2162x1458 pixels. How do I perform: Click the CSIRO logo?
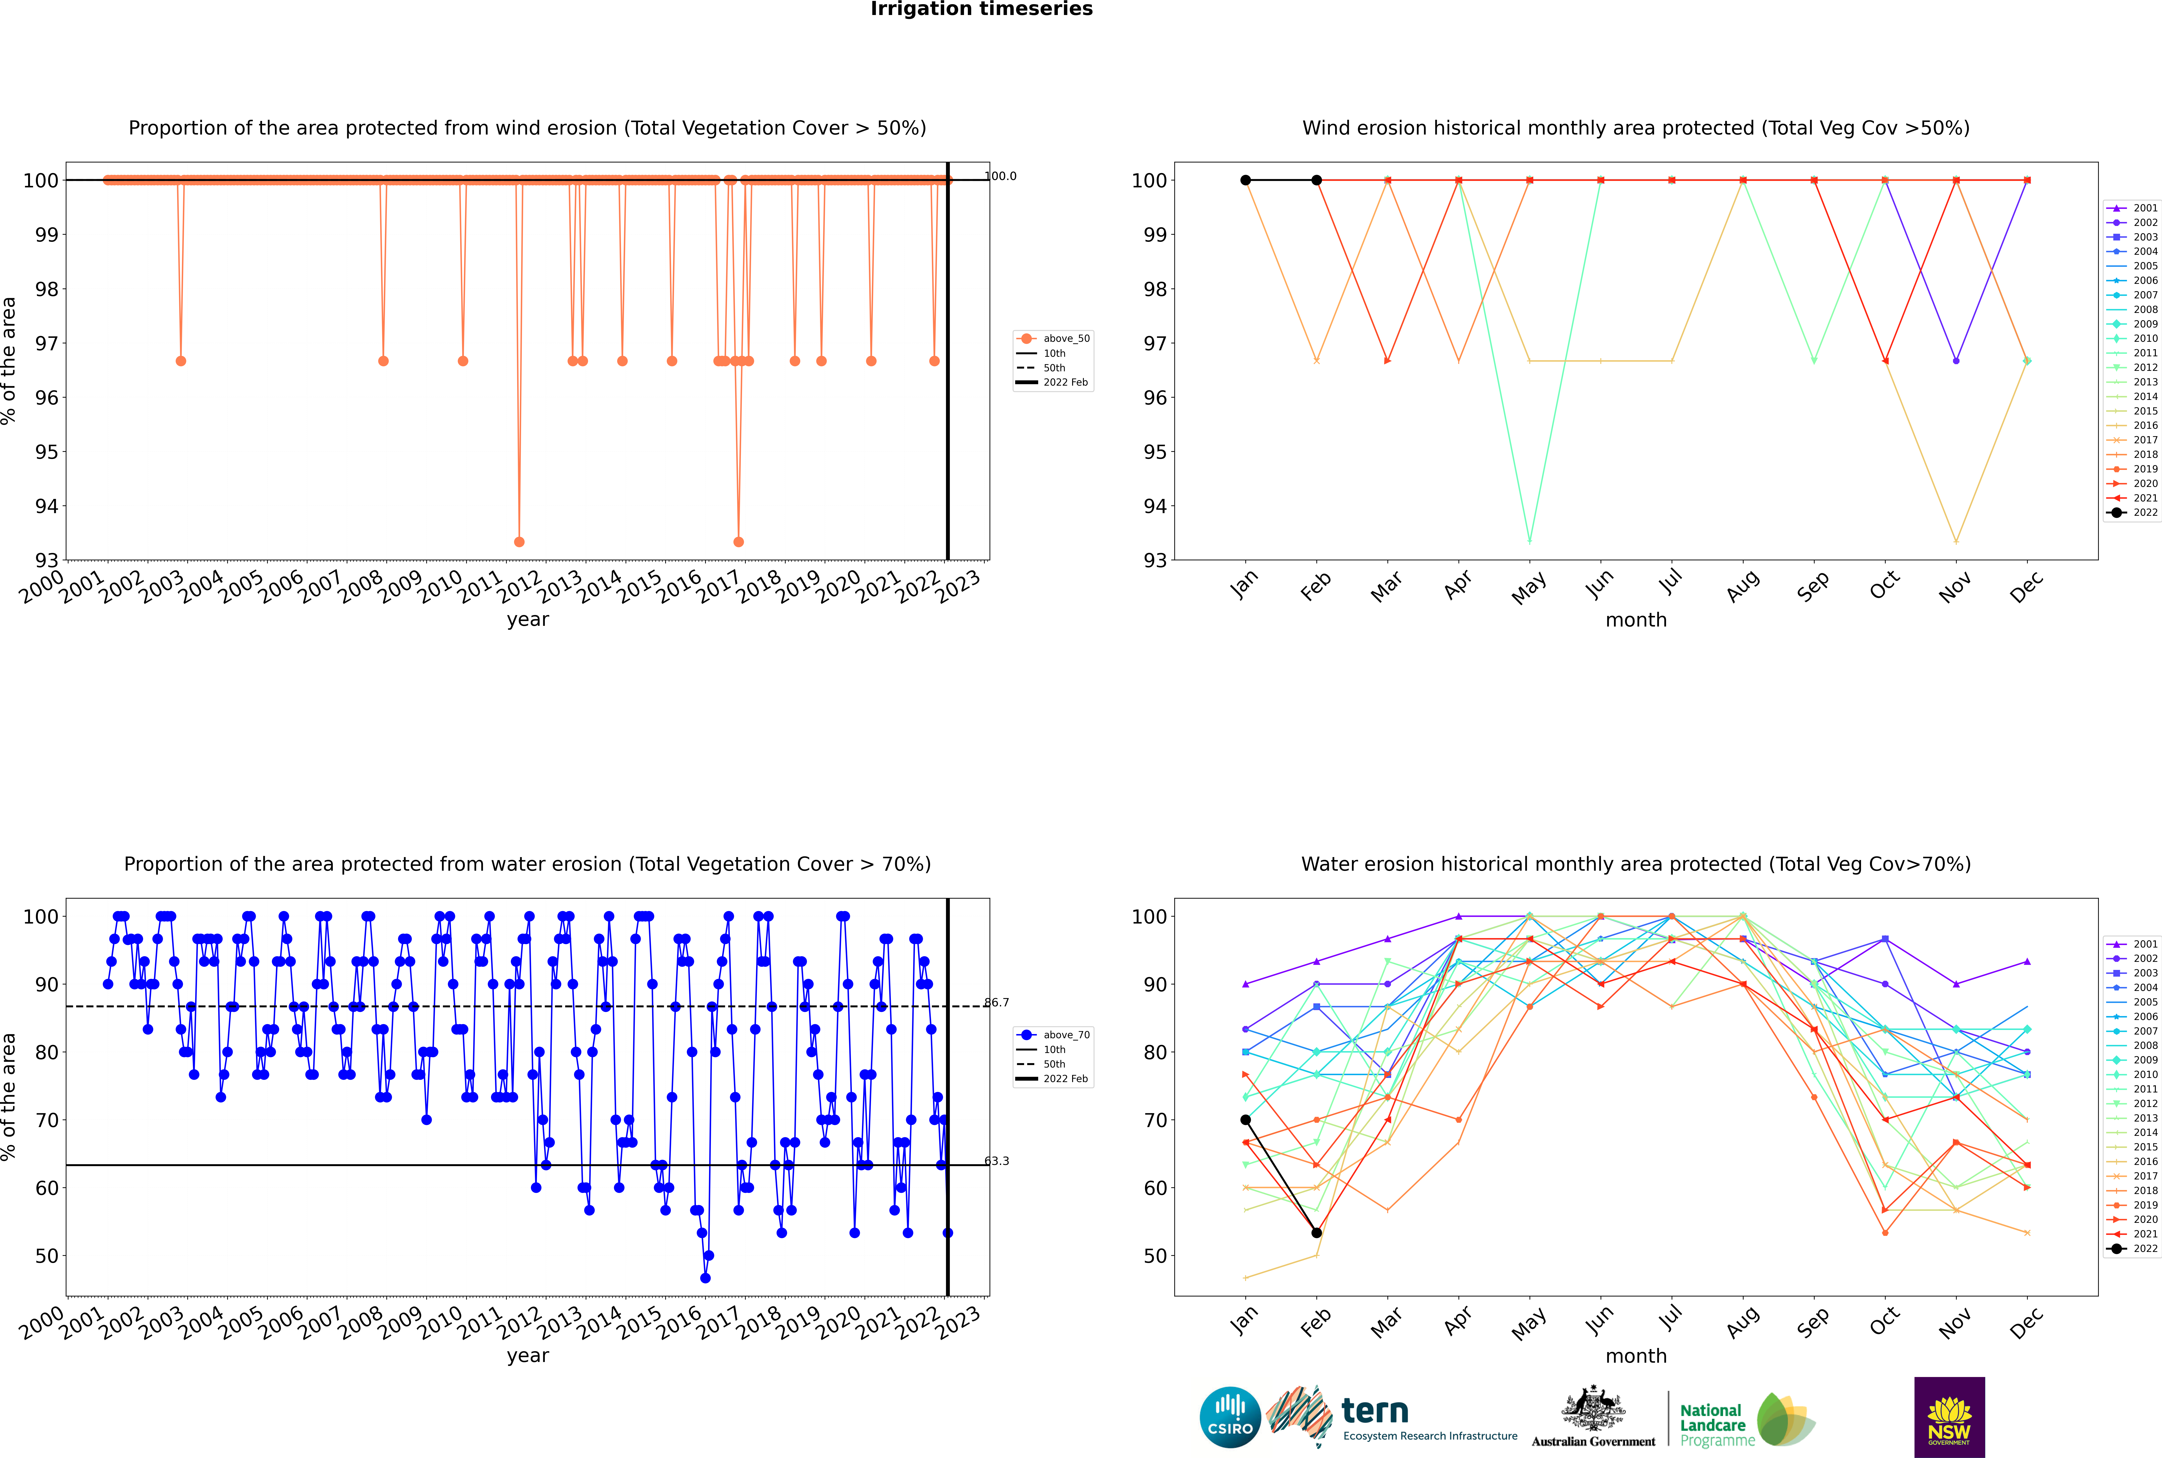(x=1230, y=1417)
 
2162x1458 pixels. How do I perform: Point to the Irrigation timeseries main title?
(x=981, y=9)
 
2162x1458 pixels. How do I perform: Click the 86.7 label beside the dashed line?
(x=996, y=1002)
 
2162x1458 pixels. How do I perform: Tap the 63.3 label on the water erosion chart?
(x=996, y=1161)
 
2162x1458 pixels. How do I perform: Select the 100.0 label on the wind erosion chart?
(x=1000, y=176)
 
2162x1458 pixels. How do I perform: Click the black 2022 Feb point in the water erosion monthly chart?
(x=1316, y=1233)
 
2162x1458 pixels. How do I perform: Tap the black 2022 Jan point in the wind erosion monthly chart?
(x=1246, y=180)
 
